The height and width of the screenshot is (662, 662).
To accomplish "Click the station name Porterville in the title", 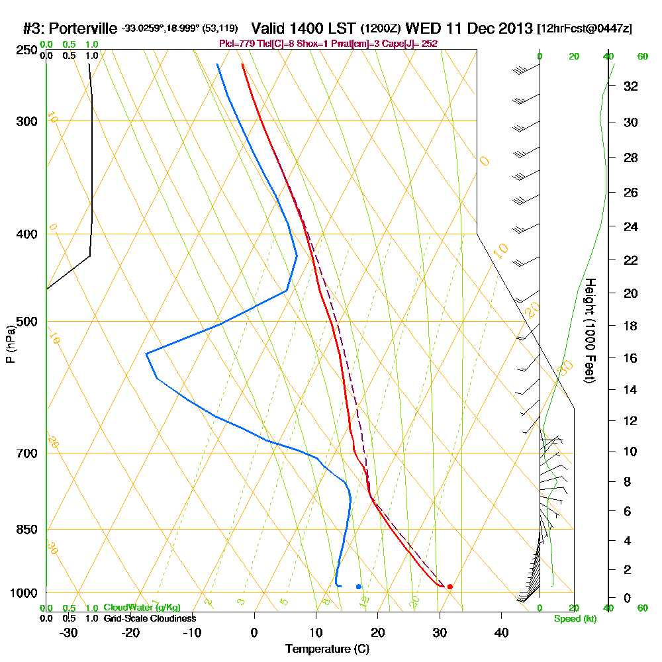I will coord(81,29).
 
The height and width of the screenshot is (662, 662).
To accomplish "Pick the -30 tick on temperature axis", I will coord(69,633).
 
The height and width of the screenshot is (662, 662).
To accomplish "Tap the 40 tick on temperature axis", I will coord(502,633).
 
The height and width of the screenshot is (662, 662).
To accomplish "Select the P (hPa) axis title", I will coord(10,344).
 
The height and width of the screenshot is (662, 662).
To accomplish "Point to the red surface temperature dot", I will coord(450,587).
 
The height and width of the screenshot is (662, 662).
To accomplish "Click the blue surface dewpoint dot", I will coord(359,587).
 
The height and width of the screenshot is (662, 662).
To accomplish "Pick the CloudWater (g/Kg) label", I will coord(142,608).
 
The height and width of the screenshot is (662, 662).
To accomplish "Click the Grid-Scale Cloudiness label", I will coord(150,618).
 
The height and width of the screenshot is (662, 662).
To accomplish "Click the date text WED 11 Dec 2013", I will coord(469,29).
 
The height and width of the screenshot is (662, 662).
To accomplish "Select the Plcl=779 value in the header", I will coord(235,44).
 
